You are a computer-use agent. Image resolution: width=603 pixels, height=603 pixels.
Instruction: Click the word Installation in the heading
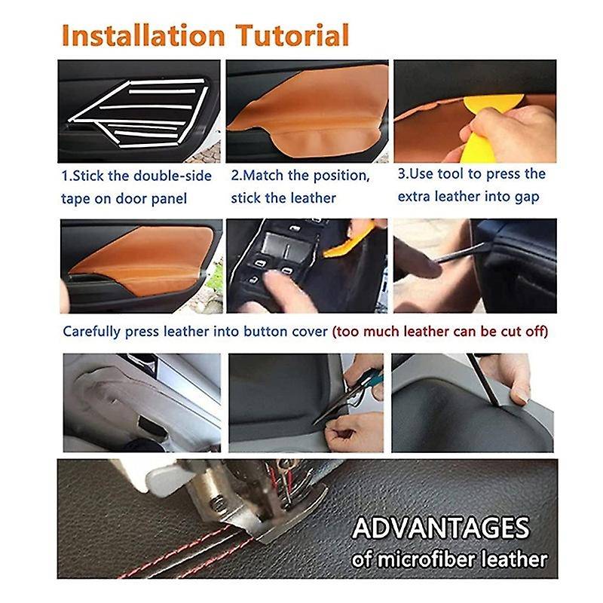tap(142, 35)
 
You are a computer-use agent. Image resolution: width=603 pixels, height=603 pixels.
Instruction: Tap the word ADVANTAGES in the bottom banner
tap(441, 527)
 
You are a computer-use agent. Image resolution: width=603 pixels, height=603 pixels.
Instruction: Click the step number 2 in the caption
tap(234, 175)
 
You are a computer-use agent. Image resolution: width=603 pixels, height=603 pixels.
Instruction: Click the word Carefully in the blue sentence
tap(91, 332)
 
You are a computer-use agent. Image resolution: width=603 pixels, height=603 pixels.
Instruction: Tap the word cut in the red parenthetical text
tap(510, 332)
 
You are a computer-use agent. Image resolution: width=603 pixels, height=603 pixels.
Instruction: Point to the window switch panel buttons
tap(279, 256)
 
